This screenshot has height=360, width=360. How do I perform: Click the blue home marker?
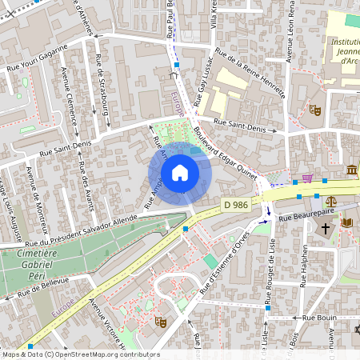pos(179,173)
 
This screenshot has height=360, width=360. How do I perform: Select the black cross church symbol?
pos(326,229)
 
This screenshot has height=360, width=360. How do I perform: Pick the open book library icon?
pos(346,222)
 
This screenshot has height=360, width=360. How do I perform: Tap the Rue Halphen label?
pos(304,264)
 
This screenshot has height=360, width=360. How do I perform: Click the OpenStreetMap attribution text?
pos(80,354)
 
